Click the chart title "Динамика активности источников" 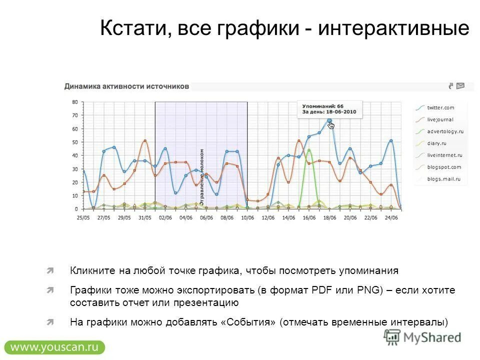[x=126, y=86]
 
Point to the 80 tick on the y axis [x=74, y=102]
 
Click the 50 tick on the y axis [x=74, y=142]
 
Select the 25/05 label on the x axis [x=83, y=218]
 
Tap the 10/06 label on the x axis [x=247, y=218]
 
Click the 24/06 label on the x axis [x=391, y=218]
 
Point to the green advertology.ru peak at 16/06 [x=309, y=150]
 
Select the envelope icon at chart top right [x=460, y=86]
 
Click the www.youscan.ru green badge [x=54, y=347]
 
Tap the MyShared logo [x=423, y=337]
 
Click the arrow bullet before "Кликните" [x=50, y=271]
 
